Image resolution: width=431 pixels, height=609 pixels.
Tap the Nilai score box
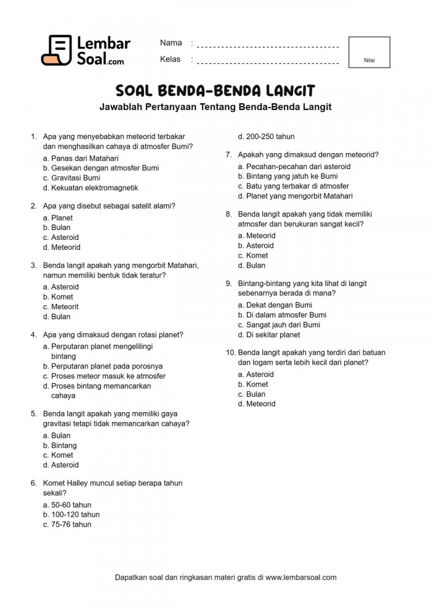(369, 52)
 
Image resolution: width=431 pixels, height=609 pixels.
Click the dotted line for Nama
(268, 46)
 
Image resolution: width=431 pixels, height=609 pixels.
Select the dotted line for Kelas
(268, 62)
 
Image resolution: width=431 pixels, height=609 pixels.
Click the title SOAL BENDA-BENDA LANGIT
(216, 91)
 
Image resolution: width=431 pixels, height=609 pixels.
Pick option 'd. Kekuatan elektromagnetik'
(91, 188)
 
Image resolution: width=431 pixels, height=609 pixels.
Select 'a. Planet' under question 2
(58, 218)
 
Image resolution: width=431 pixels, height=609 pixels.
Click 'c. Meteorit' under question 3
(61, 306)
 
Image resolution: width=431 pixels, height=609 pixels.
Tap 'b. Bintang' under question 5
(60, 445)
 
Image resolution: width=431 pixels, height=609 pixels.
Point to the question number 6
(33, 484)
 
